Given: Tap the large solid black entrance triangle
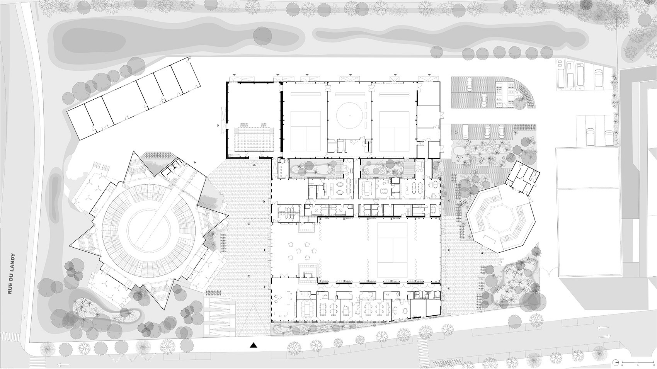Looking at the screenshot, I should click(254, 345).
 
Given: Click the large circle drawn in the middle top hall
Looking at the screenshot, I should click(350, 116).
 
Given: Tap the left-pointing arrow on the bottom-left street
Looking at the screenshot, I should click(62, 364).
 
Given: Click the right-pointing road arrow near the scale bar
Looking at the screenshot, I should click(605, 335).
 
